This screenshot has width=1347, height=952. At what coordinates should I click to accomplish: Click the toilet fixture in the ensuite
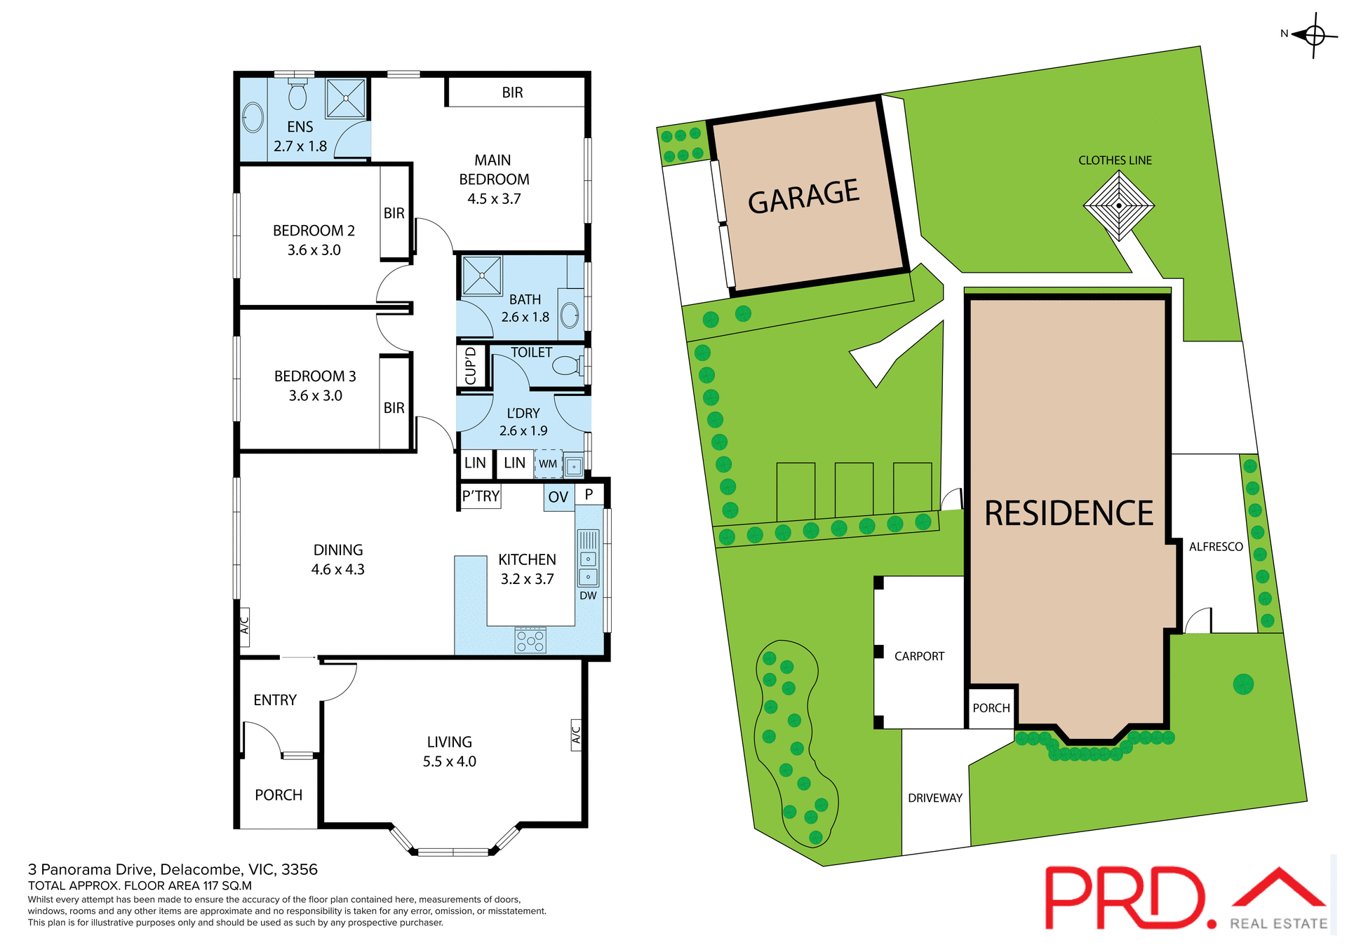pos(297,95)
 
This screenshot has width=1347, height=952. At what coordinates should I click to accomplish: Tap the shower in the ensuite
pos(346,98)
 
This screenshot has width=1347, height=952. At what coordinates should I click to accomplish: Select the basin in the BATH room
pos(570,315)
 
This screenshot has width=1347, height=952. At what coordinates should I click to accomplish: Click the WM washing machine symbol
pos(548,464)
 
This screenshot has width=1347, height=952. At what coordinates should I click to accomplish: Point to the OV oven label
pos(558,498)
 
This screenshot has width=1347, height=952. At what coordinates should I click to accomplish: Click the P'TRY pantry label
pos(481,496)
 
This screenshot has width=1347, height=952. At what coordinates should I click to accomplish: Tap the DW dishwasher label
pos(588,596)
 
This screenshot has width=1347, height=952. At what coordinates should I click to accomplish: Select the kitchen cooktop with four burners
pos(530,639)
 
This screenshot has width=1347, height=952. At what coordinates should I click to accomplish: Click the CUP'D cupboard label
pos(471,366)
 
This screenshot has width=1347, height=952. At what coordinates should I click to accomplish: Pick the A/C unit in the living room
pos(576,735)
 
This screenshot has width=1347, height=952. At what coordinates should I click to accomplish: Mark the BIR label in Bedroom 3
pos(394,408)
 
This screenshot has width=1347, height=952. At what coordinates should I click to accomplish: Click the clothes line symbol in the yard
pos(1118,206)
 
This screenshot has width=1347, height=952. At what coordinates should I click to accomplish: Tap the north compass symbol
pos(1314,34)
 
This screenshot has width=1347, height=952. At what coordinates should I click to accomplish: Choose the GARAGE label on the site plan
pos(803,196)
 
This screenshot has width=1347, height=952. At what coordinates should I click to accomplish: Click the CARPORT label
pos(919,656)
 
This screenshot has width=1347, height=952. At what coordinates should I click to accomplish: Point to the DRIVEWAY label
pos(935,798)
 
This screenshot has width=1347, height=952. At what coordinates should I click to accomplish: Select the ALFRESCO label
pos(1216,547)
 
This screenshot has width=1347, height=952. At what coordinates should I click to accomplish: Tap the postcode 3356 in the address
pos(300,870)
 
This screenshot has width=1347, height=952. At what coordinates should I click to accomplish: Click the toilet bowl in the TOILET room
pos(565,365)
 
